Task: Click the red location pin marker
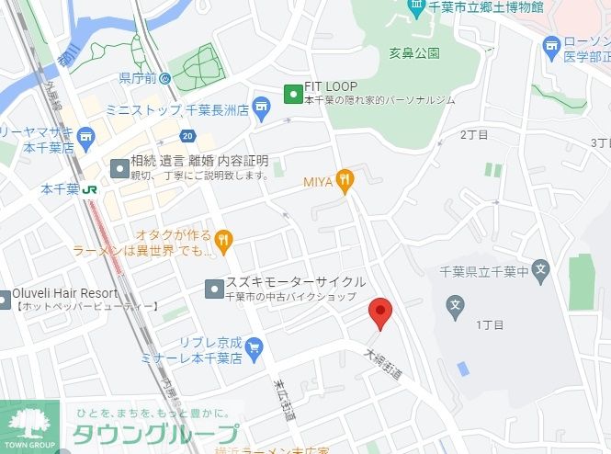coord(381,313)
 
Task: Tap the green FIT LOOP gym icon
coord(293,93)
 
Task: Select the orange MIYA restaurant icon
coord(345,181)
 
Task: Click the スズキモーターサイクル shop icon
coord(212,288)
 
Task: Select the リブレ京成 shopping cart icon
coord(255,347)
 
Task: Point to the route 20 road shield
coord(187,137)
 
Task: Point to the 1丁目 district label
coord(488,325)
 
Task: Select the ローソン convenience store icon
coord(551,45)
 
